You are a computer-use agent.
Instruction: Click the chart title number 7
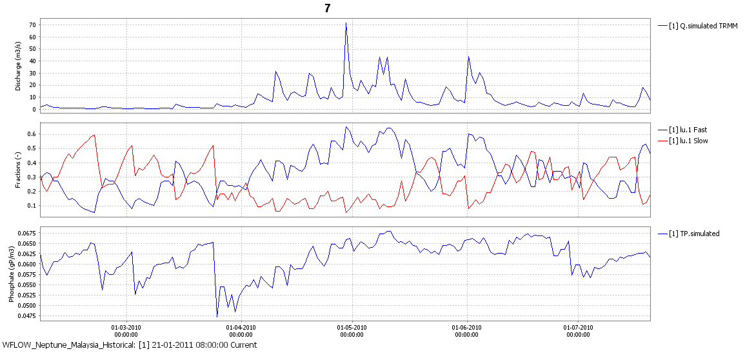point(328,8)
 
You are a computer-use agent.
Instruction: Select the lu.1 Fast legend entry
point(692,130)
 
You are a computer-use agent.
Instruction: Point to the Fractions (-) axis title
point(19,168)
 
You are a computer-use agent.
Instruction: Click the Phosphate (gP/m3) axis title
point(11,273)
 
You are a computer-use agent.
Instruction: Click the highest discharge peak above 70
point(346,23)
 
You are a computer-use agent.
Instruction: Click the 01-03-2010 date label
point(126,327)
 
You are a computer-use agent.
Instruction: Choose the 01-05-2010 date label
point(352,327)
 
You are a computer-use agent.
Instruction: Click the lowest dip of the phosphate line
point(217,316)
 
